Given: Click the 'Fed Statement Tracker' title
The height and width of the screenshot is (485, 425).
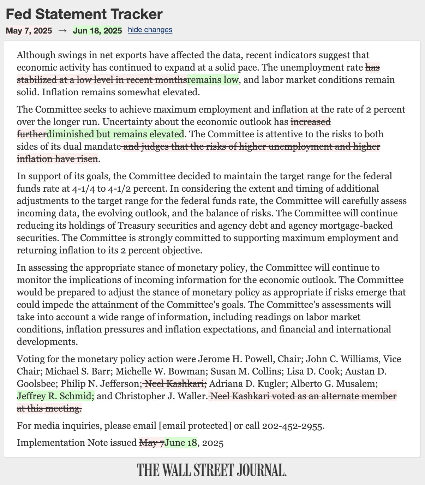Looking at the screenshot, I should [x=84, y=14].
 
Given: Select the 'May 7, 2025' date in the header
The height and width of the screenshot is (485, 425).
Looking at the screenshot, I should [x=29, y=31].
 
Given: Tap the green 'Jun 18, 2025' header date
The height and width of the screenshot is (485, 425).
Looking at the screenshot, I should [x=97, y=31].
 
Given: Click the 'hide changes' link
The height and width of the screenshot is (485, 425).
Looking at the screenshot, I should [x=150, y=30].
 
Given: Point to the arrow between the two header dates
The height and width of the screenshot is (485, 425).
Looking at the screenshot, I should [x=62, y=31].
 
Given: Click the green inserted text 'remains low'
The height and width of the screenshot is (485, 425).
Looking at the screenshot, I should [x=213, y=80].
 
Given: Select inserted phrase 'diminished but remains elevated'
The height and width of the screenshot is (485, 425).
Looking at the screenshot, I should [x=115, y=134].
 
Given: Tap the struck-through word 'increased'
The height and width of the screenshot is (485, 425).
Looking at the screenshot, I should [x=311, y=122].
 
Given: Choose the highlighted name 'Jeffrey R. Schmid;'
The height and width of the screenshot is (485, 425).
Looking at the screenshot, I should [x=56, y=396].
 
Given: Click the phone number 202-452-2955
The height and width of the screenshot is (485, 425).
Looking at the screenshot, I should [x=292, y=426].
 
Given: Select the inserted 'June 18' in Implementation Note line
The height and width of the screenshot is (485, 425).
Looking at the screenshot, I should [x=180, y=443].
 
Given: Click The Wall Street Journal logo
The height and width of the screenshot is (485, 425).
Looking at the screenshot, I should [x=212, y=470].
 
